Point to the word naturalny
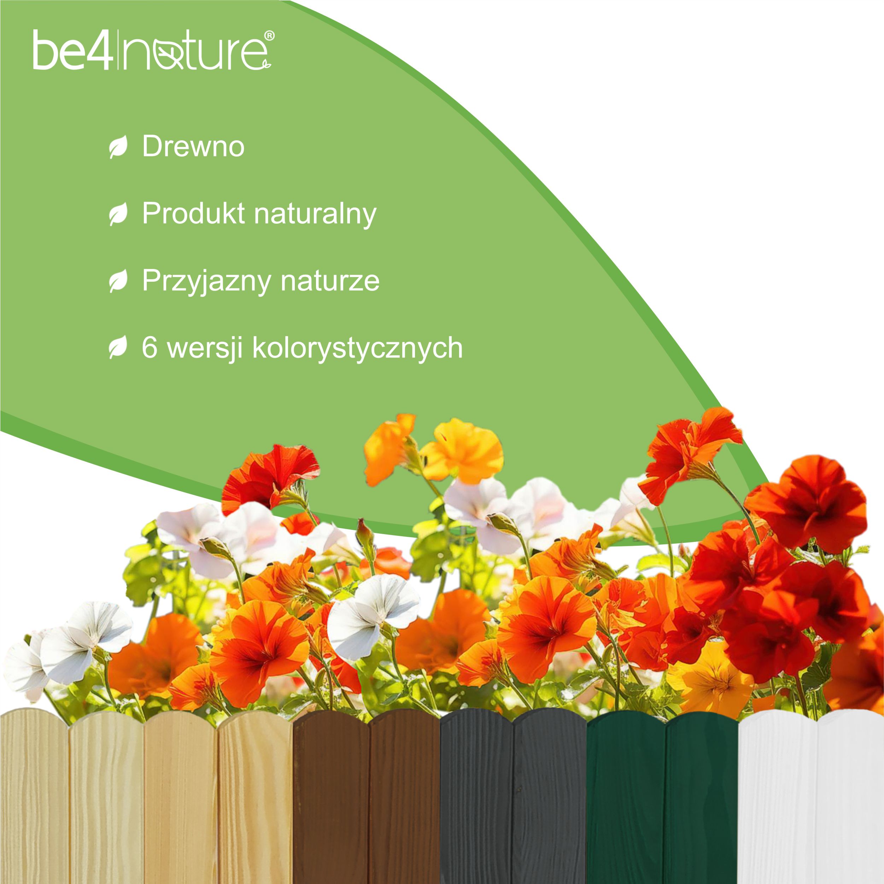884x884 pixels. point(315,214)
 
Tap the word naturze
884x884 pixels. point(330,281)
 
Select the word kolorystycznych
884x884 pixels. point(357,349)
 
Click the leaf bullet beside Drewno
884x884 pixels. point(118,147)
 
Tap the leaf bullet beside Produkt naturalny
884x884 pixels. point(118,214)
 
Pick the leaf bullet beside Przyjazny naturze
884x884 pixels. point(118,281)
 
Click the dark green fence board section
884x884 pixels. point(662,801)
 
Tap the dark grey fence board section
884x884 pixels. point(513,801)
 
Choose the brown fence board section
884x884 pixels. point(366,801)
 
